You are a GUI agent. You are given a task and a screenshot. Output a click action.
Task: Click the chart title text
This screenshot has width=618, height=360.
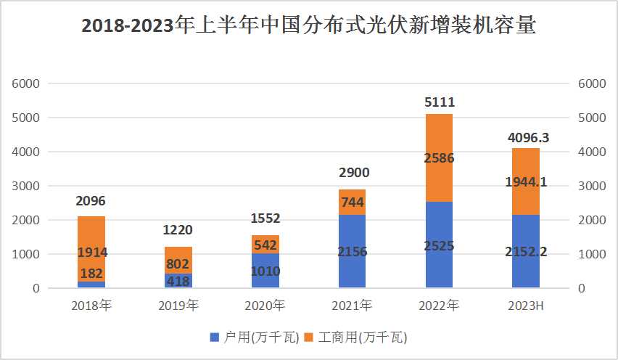point(309,27)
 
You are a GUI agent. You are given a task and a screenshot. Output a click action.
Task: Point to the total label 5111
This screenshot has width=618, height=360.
point(440,102)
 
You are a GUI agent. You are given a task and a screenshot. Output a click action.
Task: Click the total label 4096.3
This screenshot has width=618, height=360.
point(526,136)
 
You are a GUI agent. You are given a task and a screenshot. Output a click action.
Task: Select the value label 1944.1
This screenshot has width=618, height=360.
point(527,183)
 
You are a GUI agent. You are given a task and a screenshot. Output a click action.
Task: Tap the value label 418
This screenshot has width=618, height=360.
point(178,281)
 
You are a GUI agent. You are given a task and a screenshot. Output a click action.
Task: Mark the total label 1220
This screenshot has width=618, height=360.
point(178,231)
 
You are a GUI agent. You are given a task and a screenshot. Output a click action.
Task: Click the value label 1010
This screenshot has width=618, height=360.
point(265,271)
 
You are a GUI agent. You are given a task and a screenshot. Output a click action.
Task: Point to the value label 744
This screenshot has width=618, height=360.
point(352,202)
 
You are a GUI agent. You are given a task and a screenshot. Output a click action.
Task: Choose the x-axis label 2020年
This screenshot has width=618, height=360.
point(265,306)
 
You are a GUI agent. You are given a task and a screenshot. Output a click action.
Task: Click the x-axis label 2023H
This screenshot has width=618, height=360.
point(526,306)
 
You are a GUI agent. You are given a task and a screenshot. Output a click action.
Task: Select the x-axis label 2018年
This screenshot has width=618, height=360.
point(91,306)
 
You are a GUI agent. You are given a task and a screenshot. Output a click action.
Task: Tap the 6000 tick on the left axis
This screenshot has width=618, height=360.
point(25,83)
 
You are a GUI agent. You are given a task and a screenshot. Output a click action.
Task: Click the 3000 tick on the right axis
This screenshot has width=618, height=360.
point(592,186)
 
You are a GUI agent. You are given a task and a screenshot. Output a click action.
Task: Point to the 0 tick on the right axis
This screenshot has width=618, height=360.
point(582,289)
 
